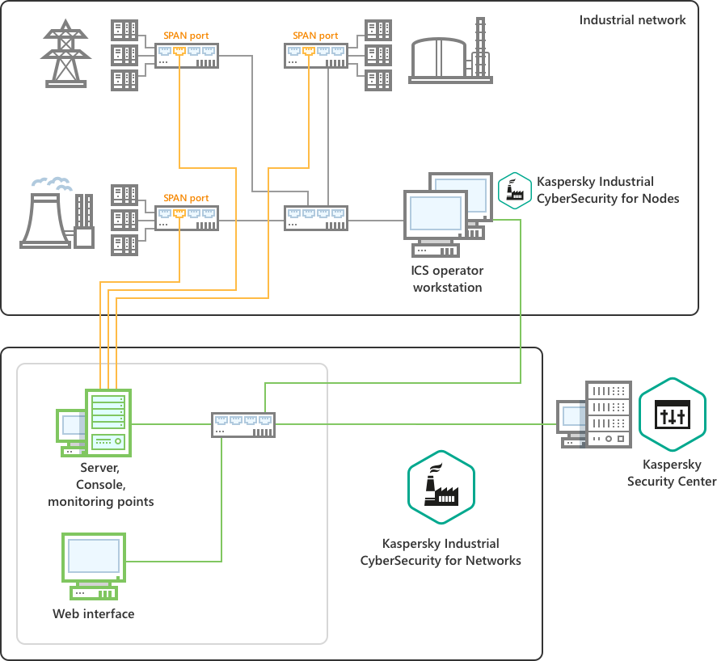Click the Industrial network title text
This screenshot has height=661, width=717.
point(632,19)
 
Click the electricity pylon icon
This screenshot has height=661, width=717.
point(65,53)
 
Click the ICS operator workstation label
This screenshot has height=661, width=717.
point(447,279)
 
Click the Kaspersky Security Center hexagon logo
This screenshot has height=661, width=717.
point(672,415)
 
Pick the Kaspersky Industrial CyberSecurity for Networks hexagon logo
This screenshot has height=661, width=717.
point(441,488)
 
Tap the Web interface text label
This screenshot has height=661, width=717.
point(94,614)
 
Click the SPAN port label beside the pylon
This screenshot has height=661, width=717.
point(186,36)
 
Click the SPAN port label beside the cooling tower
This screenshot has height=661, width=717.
point(186,198)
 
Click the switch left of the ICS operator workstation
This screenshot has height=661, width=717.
point(316,219)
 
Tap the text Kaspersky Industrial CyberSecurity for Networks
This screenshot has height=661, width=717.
point(441,552)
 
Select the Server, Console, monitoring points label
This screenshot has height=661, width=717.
point(101,485)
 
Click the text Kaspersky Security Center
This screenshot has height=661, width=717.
point(672,473)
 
